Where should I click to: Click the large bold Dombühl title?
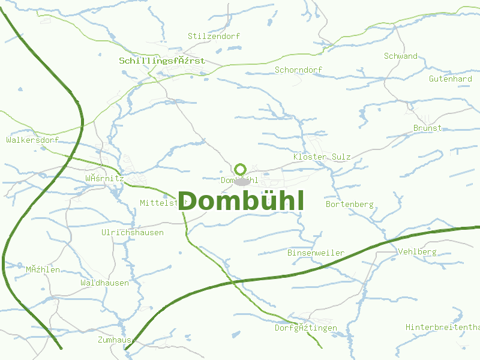point(241,201)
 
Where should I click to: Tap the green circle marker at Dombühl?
point(241,169)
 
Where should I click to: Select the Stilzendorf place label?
point(214,36)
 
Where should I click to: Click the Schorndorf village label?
point(298,70)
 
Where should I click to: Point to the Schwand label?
point(401,56)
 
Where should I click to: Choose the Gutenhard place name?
point(451,79)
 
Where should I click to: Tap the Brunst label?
point(427,128)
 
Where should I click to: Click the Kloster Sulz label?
point(322,157)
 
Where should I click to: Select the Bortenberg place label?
point(349,204)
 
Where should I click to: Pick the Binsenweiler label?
point(316,253)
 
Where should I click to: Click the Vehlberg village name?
point(417,251)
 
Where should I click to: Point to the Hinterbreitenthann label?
point(443,327)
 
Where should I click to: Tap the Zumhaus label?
point(114,340)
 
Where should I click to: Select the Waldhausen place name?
point(104,283)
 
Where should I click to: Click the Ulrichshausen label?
point(133,232)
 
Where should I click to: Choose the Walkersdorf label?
point(32,140)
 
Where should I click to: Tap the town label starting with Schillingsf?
point(162,61)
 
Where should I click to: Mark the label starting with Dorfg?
point(306,328)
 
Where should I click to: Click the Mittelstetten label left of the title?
point(158,203)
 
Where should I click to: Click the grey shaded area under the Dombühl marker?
point(242,181)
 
